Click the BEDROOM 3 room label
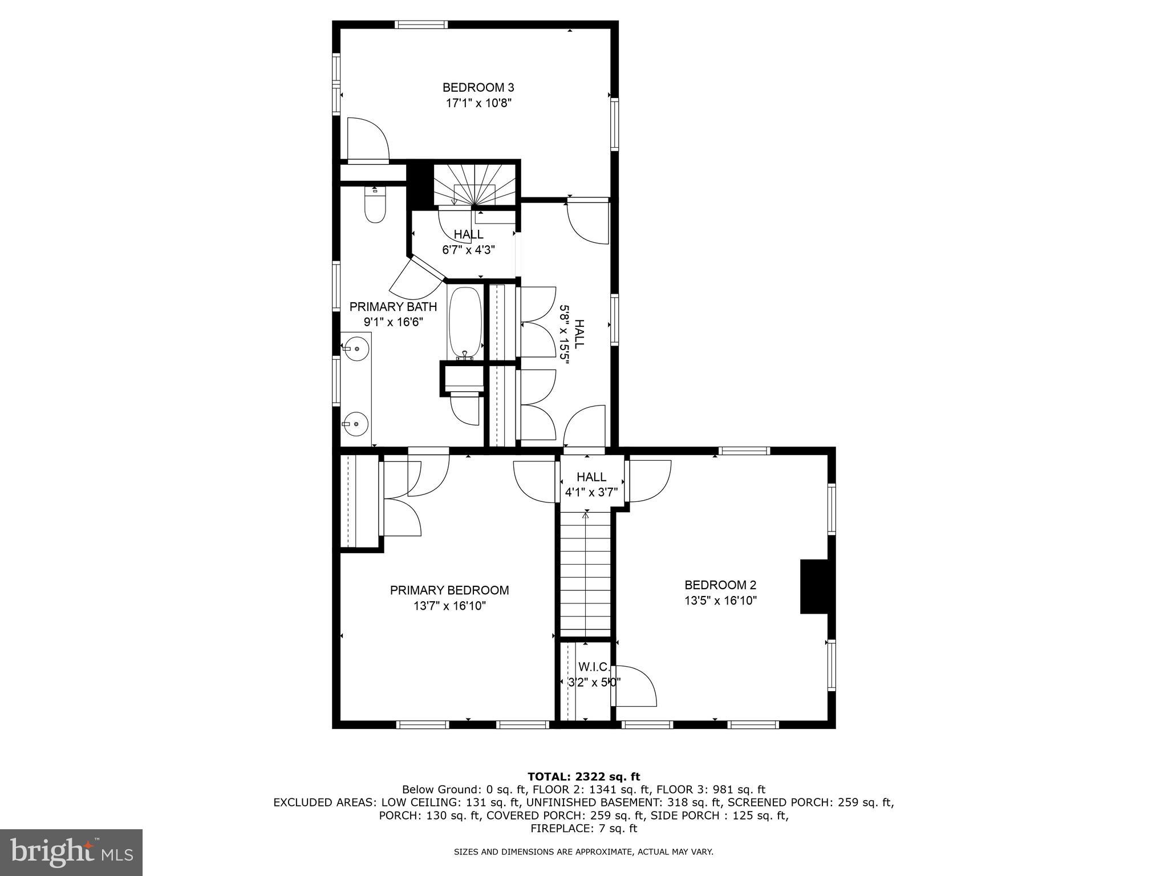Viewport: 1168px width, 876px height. (478, 87)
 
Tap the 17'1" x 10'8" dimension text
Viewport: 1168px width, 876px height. (478, 103)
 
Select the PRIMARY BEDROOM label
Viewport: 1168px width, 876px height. (449, 590)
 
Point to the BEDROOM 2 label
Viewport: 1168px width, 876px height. (720, 585)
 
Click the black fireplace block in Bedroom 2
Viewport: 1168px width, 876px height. (814, 586)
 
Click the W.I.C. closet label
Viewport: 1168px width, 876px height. (594, 667)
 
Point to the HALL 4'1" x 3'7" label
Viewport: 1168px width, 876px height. (591, 484)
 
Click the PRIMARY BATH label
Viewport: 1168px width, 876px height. (393, 306)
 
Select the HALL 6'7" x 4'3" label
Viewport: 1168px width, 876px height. (468, 241)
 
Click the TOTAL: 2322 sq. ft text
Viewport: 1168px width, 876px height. (583, 776)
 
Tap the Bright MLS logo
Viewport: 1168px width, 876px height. (71, 852)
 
